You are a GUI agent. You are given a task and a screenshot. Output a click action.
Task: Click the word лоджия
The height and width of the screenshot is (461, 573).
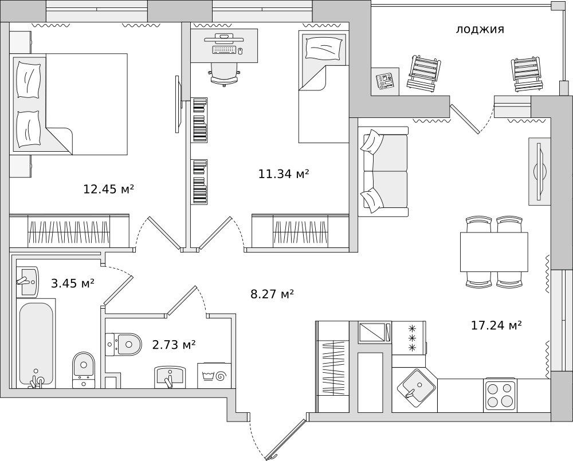click(480, 29)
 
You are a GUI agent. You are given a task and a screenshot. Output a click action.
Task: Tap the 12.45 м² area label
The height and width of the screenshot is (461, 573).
click(109, 189)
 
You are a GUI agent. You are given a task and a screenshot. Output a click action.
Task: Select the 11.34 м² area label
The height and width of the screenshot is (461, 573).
click(284, 174)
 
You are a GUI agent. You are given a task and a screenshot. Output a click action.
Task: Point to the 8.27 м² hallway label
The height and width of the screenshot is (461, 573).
click(272, 294)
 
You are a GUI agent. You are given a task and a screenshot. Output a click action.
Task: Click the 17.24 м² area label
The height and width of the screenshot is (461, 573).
click(496, 325)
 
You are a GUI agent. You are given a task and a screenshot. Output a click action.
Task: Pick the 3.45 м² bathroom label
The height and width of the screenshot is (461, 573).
click(73, 283)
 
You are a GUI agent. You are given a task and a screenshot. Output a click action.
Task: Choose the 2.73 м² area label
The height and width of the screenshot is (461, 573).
click(174, 344)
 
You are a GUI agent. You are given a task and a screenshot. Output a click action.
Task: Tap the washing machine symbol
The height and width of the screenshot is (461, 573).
click(214, 376)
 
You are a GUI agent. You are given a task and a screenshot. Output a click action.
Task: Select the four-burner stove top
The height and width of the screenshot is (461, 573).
click(500, 396)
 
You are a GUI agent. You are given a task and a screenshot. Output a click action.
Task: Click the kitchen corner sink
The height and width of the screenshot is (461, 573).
click(416, 388)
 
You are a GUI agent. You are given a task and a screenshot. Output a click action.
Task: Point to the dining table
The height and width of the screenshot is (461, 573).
click(494, 251)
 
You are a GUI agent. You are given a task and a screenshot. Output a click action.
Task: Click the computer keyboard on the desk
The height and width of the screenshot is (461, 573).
click(223, 50)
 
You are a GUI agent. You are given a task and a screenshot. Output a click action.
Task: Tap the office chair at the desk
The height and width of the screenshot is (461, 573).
click(225, 74)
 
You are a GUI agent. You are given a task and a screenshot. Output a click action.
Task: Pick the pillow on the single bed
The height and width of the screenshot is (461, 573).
click(323, 48)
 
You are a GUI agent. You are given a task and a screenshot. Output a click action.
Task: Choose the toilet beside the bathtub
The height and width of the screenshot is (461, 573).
click(84, 370)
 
